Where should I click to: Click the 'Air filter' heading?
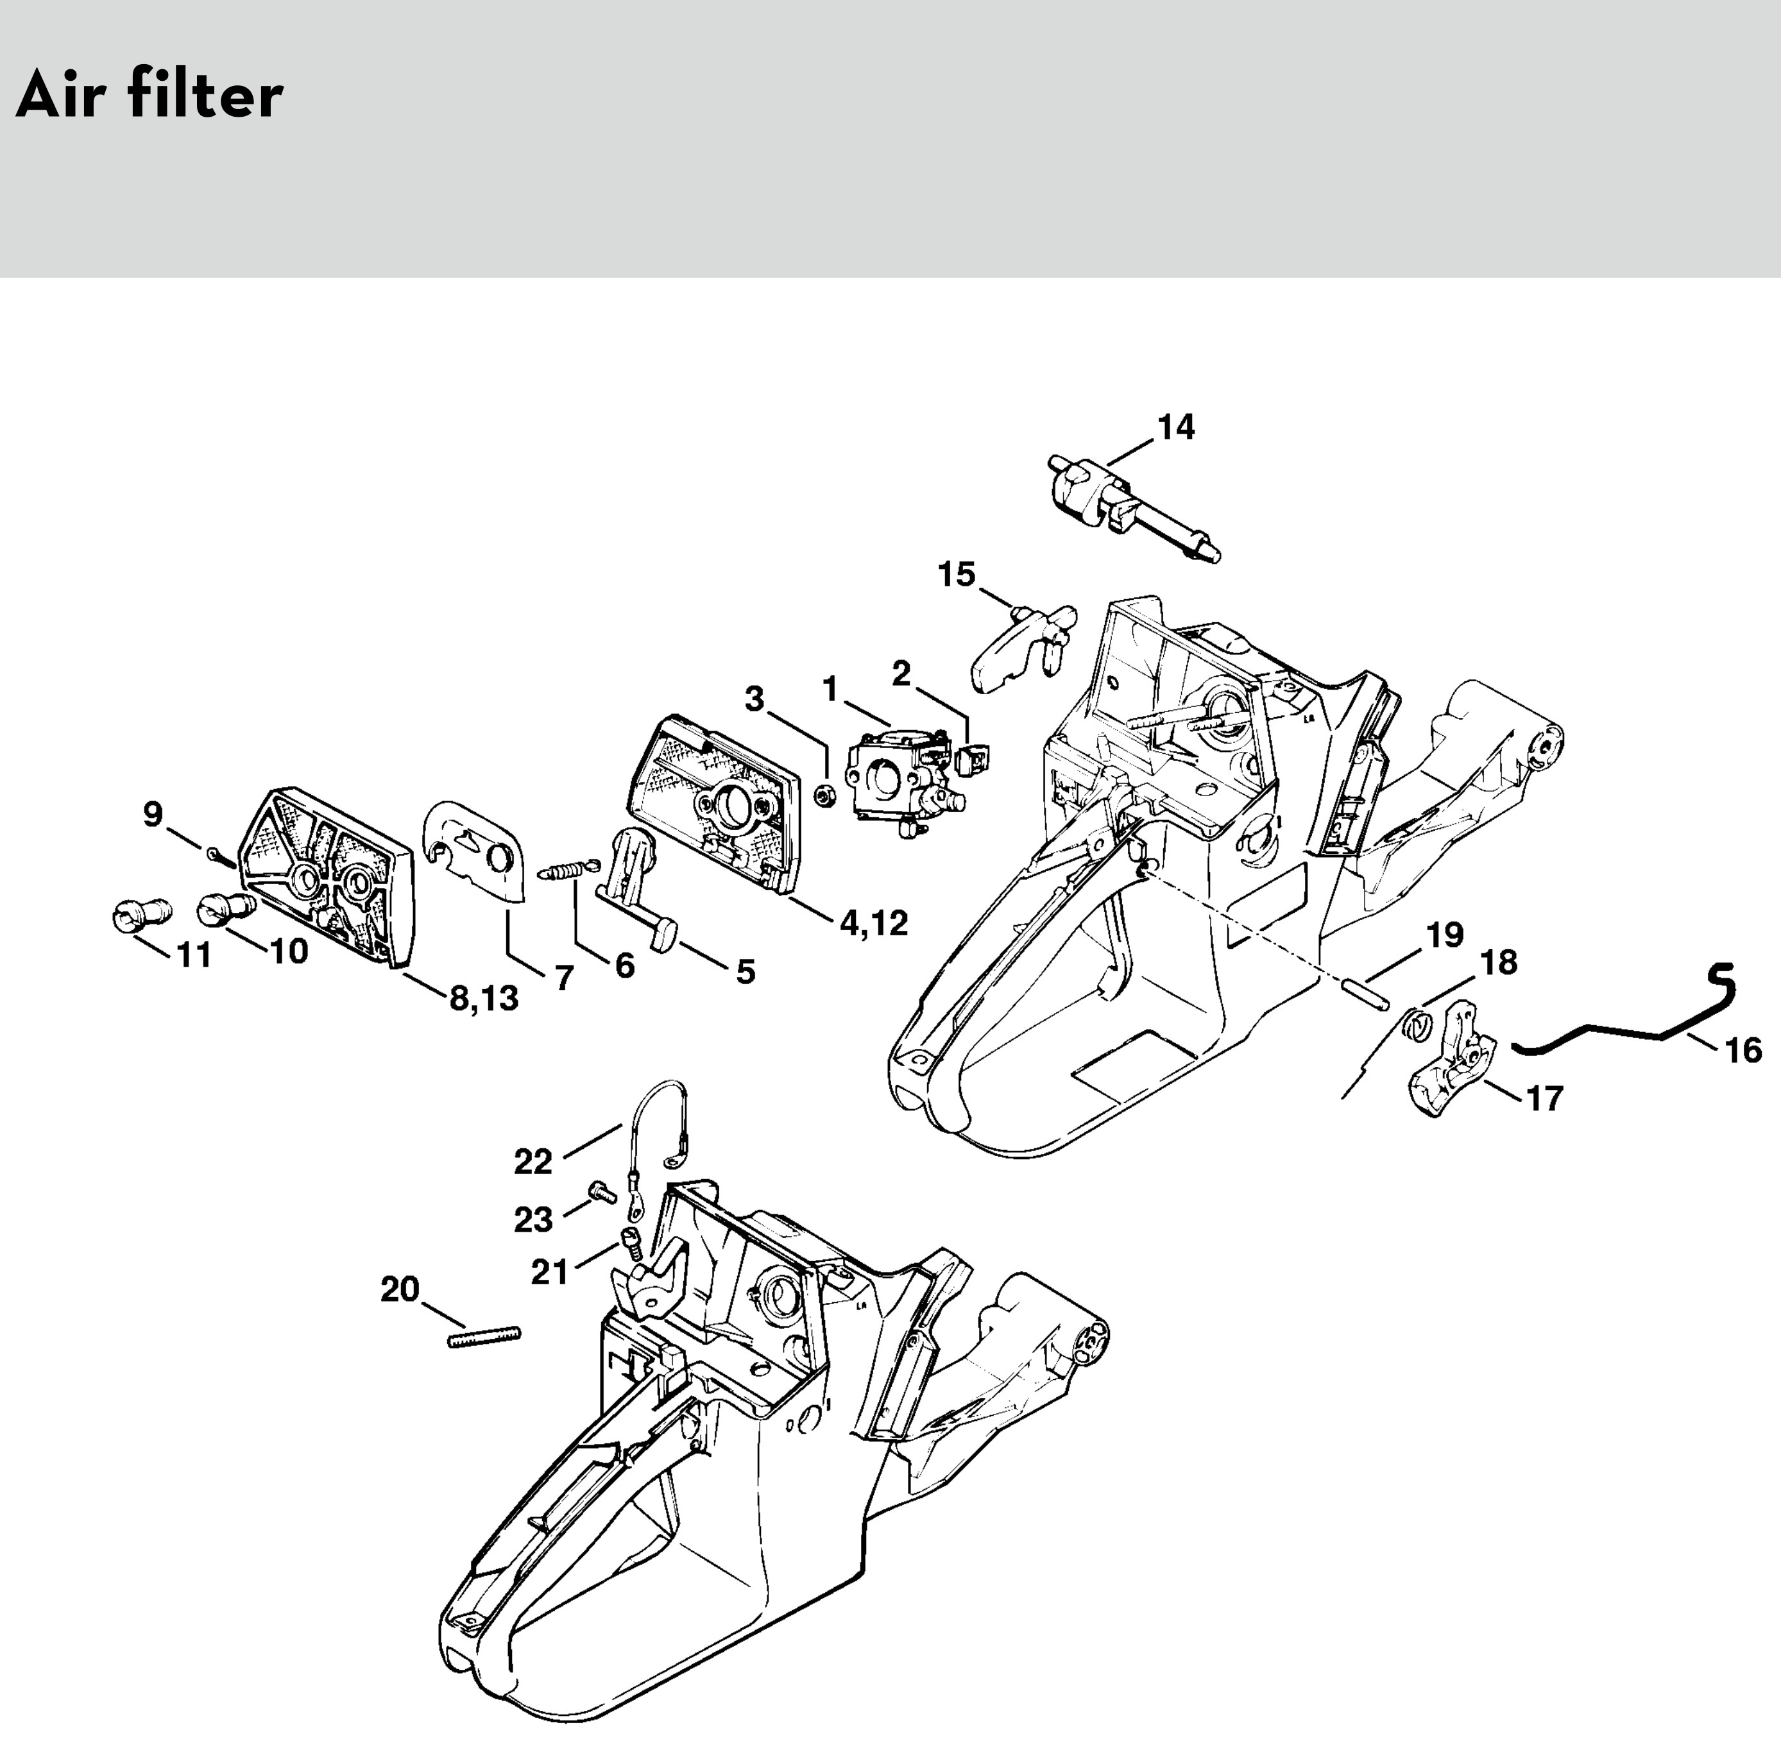[149, 96]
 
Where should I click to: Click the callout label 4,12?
[873, 922]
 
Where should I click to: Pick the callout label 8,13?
[483, 998]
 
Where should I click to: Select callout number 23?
[533, 1219]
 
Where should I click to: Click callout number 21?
[550, 1272]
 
